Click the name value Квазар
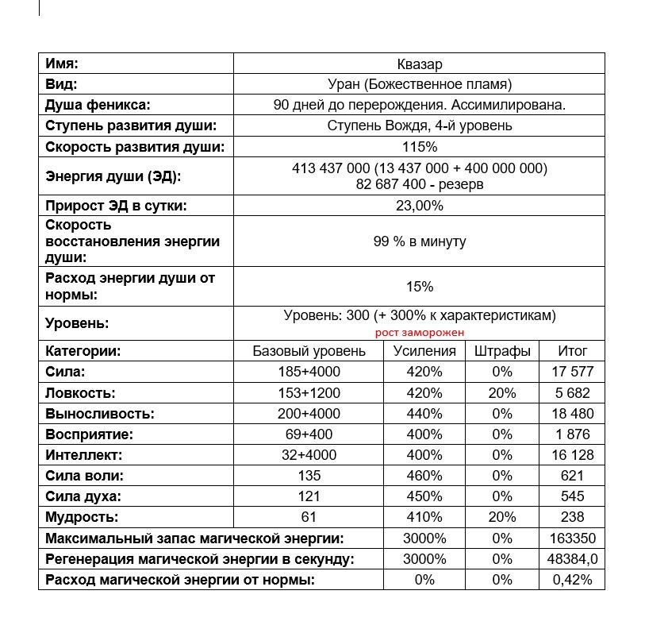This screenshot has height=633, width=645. click(419, 64)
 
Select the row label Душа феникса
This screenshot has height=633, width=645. click(98, 105)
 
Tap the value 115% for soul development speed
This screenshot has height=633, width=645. click(419, 147)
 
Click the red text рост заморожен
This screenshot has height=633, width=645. click(419, 333)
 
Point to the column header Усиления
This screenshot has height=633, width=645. click(424, 351)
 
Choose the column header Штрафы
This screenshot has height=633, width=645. click(502, 351)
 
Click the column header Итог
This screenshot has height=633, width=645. click(572, 351)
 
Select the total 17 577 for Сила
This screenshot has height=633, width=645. click(572, 372)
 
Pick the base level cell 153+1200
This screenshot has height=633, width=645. click(309, 392)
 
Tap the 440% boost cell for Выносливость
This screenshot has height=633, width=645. click(424, 414)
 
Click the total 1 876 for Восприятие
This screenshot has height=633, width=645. click(572, 434)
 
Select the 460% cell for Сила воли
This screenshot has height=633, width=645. click(424, 476)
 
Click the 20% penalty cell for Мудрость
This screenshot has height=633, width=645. click(502, 518)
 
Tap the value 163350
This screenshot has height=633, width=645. click(572, 538)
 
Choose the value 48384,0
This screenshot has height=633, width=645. click(572, 559)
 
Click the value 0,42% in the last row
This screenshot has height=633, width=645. click(572, 580)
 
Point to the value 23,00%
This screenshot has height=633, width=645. click(419, 206)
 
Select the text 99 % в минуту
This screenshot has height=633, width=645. click(419, 241)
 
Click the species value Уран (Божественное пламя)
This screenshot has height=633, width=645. click(419, 84)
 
